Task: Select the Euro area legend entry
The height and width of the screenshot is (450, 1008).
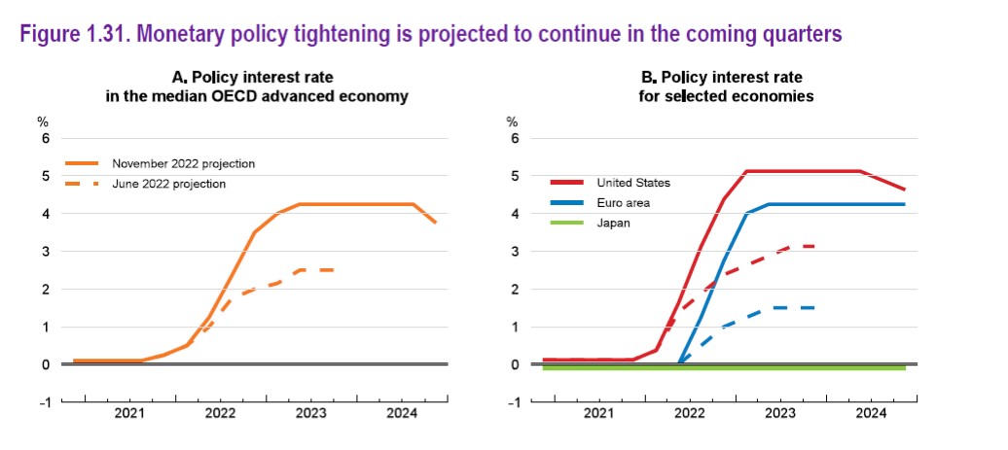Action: coord(596,203)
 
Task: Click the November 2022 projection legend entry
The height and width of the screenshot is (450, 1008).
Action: coord(160,163)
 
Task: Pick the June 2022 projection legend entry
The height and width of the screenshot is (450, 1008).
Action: coord(145,185)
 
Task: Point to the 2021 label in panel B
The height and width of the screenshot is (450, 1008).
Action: coord(599,414)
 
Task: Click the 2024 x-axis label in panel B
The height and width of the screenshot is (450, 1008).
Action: coord(871,414)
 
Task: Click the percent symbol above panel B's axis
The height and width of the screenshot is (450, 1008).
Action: coord(512,121)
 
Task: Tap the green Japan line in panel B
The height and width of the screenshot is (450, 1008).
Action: coord(724,367)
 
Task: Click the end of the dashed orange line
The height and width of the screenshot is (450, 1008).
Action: coord(334,270)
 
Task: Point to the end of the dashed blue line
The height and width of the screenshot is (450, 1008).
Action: coord(814,308)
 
